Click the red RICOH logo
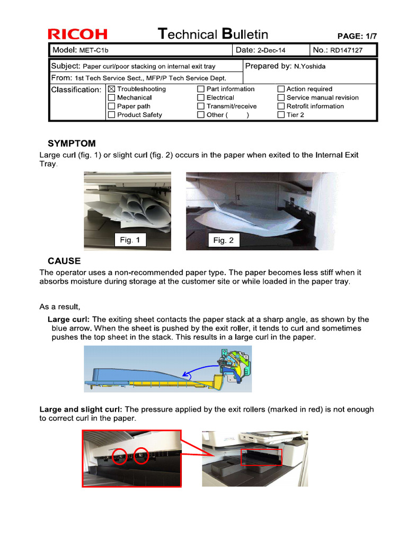(x=78, y=35)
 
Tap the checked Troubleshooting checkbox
(x=111, y=89)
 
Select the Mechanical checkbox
(x=111, y=97)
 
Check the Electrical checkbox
(x=201, y=97)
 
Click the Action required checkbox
(x=281, y=89)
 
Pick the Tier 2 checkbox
(x=281, y=114)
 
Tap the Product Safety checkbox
(x=111, y=114)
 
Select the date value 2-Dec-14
(x=271, y=50)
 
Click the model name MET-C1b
(x=95, y=50)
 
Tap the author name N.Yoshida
(x=310, y=67)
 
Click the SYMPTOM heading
(x=72, y=143)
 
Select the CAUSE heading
(x=64, y=261)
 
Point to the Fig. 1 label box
(x=130, y=240)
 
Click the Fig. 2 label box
(x=223, y=240)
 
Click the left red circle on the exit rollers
(x=120, y=456)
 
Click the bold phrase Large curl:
(x=69, y=320)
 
